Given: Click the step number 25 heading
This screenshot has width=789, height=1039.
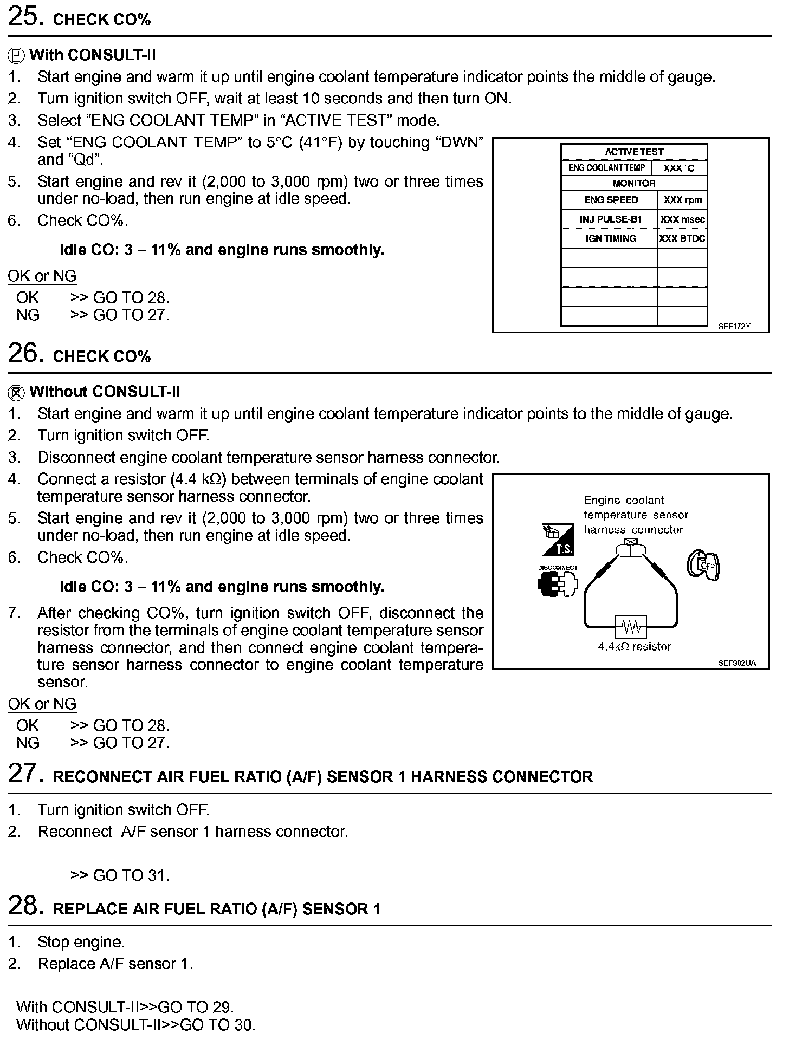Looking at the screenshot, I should click(x=25, y=17).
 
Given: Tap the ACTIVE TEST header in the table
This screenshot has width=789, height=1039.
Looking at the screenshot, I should click(x=633, y=152).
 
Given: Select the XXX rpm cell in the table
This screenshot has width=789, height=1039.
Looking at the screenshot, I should click(x=682, y=200).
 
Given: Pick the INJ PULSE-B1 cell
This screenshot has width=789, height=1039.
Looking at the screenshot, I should click(x=610, y=219).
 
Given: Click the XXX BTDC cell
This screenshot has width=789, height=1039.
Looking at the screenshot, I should click(x=682, y=238).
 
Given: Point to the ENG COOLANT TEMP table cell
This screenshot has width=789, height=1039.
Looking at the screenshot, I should click(x=606, y=168).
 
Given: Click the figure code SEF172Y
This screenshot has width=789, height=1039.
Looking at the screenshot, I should click(x=734, y=327).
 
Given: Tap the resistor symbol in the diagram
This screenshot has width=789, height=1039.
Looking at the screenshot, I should click(x=631, y=627).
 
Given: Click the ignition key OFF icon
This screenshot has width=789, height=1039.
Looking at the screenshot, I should click(x=703, y=566).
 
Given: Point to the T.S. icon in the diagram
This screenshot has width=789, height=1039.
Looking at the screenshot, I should click(x=558, y=540).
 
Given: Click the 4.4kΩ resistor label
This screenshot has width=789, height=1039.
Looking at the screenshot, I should click(x=635, y=646).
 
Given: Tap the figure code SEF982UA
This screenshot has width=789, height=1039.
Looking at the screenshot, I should click(x=736, y=663).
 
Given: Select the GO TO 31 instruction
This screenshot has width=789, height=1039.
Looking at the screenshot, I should click(x=120, y=875).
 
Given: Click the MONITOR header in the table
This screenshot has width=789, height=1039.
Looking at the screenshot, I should click(x=633, y=183).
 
